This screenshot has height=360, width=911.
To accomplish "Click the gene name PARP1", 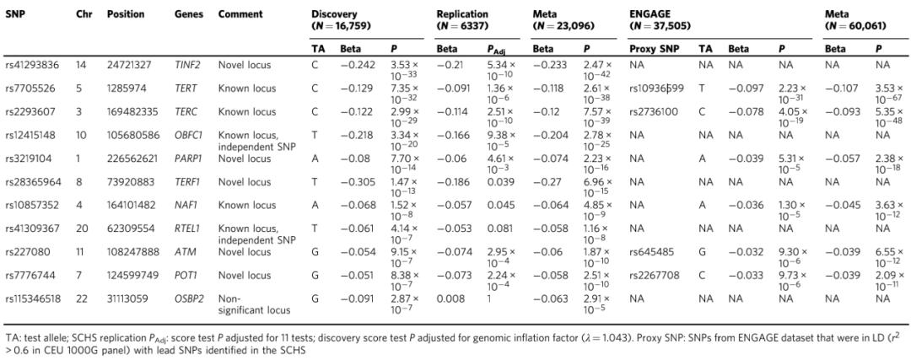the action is coord(188,159).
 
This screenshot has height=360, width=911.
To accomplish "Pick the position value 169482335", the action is coord(131,112).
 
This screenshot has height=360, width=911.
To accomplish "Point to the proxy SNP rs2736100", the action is coord(654,112).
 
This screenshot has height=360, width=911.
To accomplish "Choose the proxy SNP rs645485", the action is coord(650,252).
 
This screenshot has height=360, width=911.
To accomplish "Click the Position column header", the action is coord(126,14).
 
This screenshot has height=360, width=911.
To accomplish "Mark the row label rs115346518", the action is coord(33,298).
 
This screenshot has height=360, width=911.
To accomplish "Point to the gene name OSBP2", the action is coord(188,298).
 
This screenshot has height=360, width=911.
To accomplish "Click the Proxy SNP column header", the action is coord(653,50).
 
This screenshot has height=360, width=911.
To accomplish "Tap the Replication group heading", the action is coord(462,14).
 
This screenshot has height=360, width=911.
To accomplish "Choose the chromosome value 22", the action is coord(81,298).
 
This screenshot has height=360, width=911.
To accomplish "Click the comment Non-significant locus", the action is coord(254,304).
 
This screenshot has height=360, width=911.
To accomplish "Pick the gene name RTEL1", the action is coord(187,228).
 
